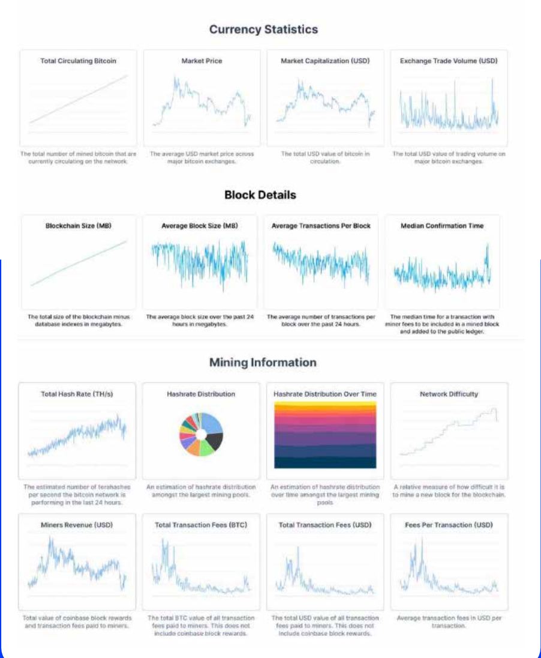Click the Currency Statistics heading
(263, 29)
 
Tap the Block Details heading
(260, 195)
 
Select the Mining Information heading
(263, 363)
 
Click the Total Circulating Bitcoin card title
(78, 61)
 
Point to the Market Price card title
(202, 61)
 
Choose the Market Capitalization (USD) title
(325, 61)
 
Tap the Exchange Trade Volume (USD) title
(449, 61)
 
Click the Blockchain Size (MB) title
(79, 226)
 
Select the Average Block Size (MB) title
(200, 226)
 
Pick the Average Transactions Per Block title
(321, 226)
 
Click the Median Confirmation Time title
(442, 226)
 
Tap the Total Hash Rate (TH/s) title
(77, 394)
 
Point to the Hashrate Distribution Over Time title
(325, 394)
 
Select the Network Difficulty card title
(449, 394)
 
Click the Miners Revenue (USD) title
(77, 525)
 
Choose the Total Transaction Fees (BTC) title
(201, 525)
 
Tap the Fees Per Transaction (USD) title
(449, 525)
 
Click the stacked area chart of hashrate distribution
(325, 435)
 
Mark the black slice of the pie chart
(214, 442)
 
